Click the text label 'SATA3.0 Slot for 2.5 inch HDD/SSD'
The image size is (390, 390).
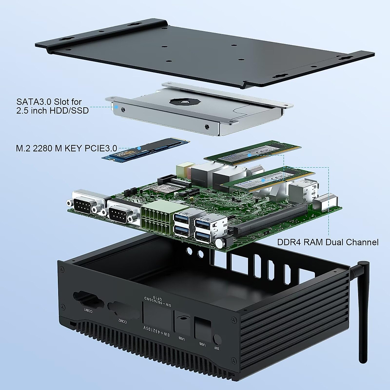[52, 106]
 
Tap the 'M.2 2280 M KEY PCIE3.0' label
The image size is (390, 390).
[66, 149]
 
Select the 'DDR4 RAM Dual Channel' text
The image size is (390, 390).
[328, 242]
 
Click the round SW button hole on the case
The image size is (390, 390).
[217, 340]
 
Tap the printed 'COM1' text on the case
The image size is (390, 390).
[88, 311]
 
